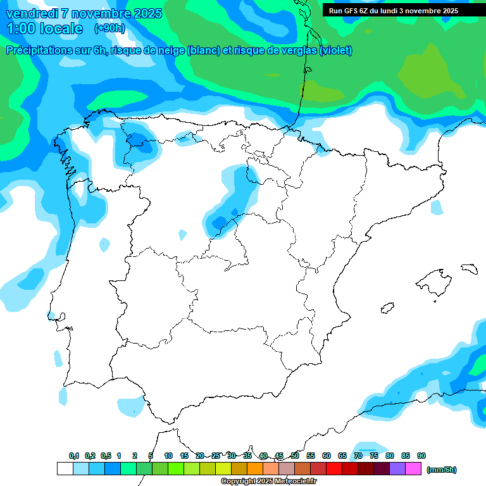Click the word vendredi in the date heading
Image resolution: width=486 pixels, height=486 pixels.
30,13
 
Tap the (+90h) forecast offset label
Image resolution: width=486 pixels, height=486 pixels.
109,28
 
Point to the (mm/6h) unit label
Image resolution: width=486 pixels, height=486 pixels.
441,470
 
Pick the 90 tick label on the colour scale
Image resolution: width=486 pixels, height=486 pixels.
421,456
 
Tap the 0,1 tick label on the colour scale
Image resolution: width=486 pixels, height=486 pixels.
74,456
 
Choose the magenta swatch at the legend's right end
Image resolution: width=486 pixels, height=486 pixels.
413,469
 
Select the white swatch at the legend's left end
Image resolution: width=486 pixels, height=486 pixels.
65,469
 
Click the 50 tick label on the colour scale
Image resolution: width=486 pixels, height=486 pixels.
295,456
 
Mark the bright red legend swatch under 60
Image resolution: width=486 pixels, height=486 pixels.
334,469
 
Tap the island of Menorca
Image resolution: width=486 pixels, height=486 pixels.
469,268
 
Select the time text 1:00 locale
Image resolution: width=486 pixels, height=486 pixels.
44,28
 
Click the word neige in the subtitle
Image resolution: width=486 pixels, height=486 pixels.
170,51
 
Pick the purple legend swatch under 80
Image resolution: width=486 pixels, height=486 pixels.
397,469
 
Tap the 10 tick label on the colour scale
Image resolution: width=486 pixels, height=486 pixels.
168,456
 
